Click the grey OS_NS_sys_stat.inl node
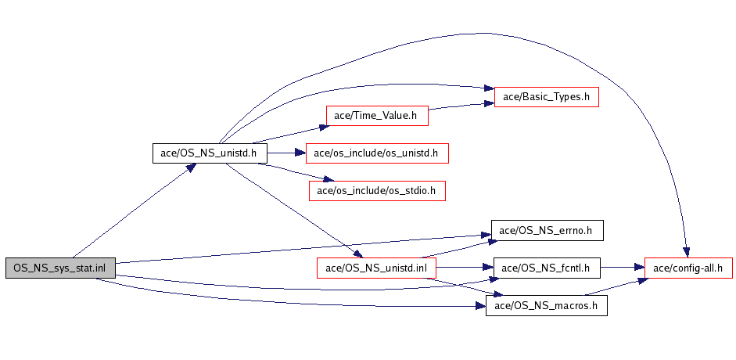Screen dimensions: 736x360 60,268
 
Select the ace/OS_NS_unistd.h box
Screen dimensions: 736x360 210,153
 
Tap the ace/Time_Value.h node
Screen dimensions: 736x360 377,116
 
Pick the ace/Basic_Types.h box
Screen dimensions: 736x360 547,97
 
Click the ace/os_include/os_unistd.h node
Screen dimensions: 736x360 377,153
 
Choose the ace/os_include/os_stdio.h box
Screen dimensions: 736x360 377,191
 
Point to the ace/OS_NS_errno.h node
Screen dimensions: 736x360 547,230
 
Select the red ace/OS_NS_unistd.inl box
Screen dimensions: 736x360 376,268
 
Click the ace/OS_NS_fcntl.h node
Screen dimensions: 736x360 547,268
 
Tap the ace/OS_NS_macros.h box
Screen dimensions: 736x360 547,306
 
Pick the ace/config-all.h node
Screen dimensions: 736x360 688,268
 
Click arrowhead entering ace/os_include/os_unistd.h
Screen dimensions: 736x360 300,153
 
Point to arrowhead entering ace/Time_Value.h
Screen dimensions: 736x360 321,127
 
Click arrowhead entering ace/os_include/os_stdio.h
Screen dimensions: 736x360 328,180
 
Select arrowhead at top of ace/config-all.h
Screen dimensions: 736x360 686,252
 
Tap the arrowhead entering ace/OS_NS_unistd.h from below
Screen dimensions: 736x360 191,168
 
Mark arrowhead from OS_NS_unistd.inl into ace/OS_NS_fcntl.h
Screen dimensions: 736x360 488,268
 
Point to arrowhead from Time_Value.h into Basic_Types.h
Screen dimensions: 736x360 488,104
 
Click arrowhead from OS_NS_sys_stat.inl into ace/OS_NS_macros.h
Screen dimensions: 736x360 480,306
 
